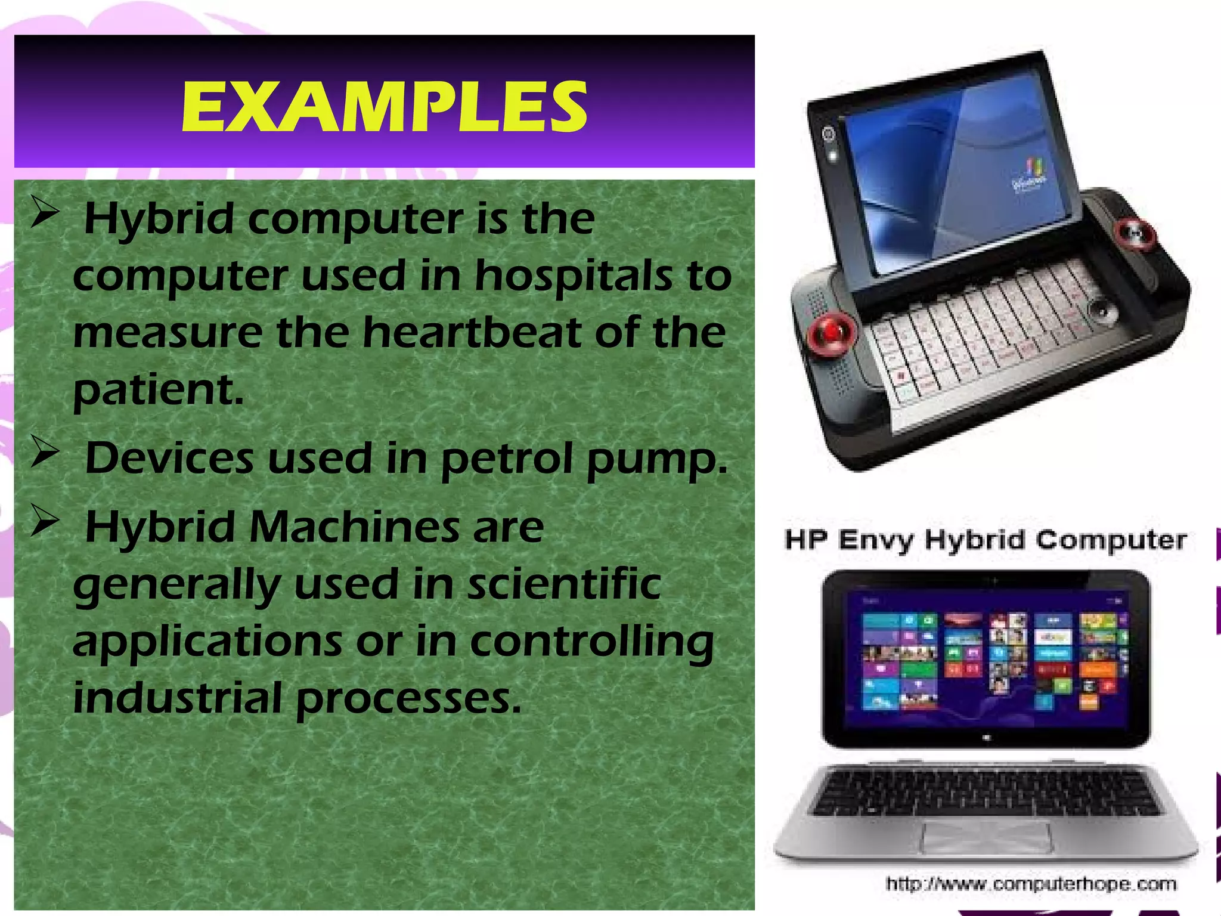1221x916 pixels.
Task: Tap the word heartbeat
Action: click(472, 332)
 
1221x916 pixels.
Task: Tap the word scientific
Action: click(563, 584)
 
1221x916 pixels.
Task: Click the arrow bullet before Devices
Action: click(45, 453)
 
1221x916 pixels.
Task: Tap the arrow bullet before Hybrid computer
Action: click(45, 214)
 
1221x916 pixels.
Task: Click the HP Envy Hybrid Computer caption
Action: click(986, 540)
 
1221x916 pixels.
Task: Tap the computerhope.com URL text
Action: click(1031, 883)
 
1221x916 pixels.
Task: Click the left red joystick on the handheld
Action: click(831, 332)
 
